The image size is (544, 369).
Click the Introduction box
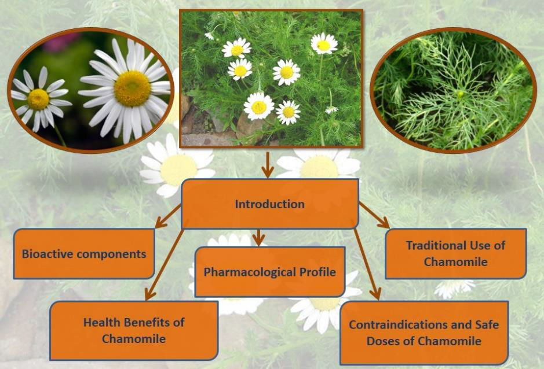tap(269, 204)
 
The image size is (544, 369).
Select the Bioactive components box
tap(84, 253)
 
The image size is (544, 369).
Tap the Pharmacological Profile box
tap(270, 271)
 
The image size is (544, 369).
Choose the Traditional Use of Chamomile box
tap(455, 253)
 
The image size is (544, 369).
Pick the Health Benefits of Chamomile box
tap(134, 330)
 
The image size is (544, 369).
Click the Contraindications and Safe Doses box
tap(423, 333)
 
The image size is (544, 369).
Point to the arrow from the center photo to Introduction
tap(267, 165)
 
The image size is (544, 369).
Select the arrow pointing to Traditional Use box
tap(374, 215)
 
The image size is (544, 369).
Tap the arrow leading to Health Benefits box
tap(165, 263)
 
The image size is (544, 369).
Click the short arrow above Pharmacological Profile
tap(259, 237)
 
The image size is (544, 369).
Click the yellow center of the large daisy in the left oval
tap(132, 88)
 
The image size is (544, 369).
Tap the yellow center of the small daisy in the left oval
tap(38, 99)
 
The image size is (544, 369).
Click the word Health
tap(101, 322)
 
